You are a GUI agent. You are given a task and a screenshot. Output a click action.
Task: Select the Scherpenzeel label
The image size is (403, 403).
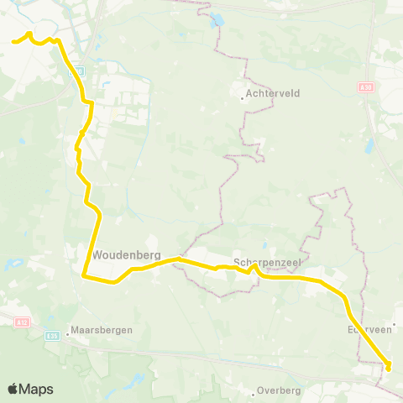264,260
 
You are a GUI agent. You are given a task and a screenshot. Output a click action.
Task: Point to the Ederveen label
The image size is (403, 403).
370,330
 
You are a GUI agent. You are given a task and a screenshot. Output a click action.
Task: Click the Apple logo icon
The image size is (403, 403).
13,389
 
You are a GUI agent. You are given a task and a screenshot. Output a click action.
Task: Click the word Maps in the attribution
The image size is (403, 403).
37,389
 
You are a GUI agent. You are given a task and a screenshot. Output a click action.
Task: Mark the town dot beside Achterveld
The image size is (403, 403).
243,97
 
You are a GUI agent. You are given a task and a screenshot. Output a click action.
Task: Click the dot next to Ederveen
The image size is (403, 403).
393,322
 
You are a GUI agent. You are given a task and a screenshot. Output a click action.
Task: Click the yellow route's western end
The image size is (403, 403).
13,40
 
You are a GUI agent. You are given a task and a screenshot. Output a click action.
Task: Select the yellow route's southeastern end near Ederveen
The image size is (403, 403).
389,365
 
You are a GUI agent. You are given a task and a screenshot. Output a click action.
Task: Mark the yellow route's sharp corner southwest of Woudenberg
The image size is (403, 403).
84,274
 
